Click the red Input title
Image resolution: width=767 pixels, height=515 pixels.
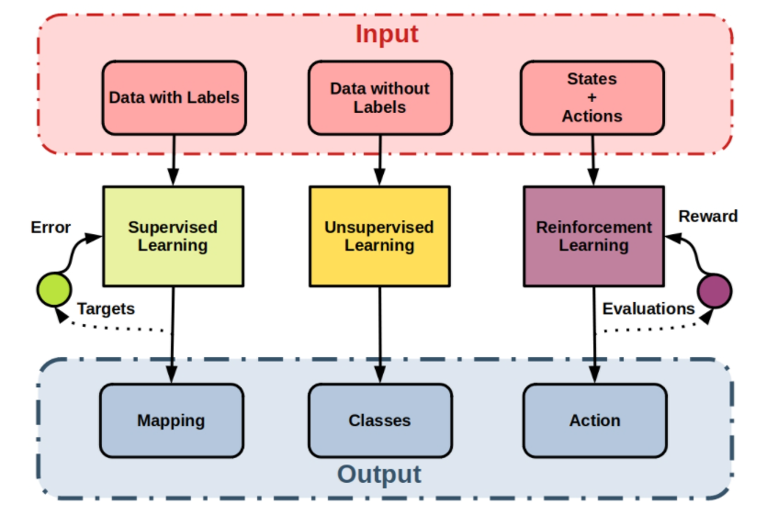(387, 35)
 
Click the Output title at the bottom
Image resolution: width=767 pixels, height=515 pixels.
(379, 474)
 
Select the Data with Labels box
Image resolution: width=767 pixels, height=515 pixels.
(174, 96)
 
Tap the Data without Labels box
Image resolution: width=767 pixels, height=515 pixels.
(379, 96)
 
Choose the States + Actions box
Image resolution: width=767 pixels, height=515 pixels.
(592, 96)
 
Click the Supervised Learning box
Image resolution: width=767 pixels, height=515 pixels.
(173, 236)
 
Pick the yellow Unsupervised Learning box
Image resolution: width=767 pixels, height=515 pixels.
(379, 236)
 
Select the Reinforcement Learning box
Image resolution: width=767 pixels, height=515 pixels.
(593, 236)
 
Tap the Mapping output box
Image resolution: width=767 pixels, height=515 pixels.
(171, 420)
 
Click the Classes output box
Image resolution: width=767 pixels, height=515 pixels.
(379, 420)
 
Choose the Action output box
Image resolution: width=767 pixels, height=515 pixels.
(594, 420)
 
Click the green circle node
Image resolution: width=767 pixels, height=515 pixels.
(53, 290)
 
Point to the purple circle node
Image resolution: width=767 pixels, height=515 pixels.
(715, 290)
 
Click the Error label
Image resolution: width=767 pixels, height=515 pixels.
(51, 227)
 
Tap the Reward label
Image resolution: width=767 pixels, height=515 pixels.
(707, 216)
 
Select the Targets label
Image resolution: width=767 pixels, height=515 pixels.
(106, 308)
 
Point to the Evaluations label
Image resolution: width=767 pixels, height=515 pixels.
(649, 308)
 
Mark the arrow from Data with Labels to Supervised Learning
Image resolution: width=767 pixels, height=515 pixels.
(173, 160)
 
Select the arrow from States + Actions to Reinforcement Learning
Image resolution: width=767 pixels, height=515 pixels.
(592, 160)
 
